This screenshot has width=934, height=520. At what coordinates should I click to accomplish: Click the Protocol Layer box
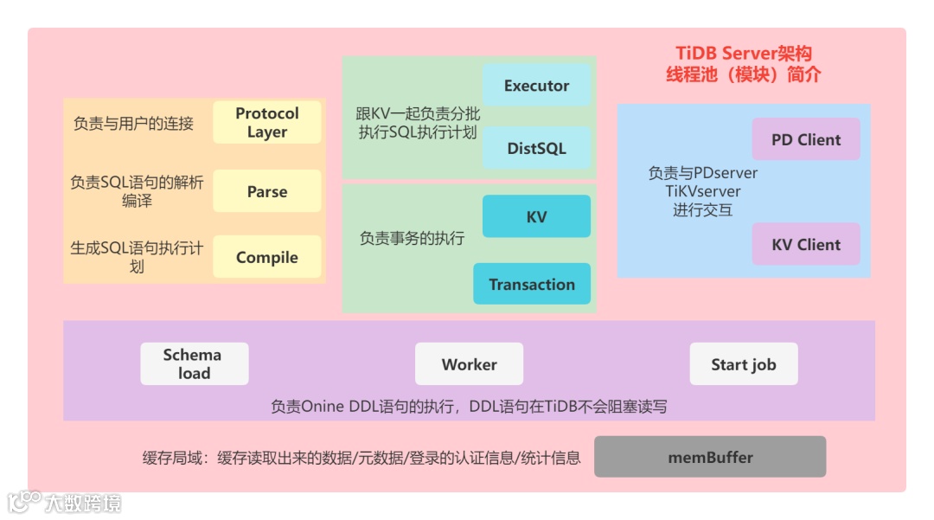(266, 123)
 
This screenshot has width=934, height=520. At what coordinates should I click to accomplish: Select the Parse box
(266, 191)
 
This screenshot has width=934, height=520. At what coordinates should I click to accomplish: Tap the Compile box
(266, 257)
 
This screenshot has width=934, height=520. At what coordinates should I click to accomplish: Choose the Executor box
(536, 86)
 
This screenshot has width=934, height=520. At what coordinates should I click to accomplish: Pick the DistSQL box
(536, 148)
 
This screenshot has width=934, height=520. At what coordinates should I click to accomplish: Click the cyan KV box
(536, 216)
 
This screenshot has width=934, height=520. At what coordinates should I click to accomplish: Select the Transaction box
(531, 284)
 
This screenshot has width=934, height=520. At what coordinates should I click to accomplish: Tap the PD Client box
(805, 139)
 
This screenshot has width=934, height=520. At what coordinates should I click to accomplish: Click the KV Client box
(805, 244)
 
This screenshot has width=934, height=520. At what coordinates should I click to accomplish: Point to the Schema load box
(194, 364)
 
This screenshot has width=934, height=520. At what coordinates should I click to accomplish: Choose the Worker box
(469, 364)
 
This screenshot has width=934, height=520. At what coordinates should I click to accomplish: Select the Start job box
(743, 364)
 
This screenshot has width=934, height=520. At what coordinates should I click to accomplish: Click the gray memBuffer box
(709, 457)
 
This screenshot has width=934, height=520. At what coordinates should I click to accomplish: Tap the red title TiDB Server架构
(744, 54)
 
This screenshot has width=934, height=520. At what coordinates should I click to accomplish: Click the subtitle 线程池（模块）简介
(744, 74)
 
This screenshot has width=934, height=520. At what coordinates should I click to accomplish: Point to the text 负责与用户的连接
(133, 123)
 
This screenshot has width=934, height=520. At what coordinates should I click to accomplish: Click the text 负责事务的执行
(412, 238)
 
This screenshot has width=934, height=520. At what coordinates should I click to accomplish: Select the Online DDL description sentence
(469, 407)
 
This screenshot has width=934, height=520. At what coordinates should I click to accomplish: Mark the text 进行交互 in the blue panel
(702, 209)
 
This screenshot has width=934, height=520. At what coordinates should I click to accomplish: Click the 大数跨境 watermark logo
(65, 502)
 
